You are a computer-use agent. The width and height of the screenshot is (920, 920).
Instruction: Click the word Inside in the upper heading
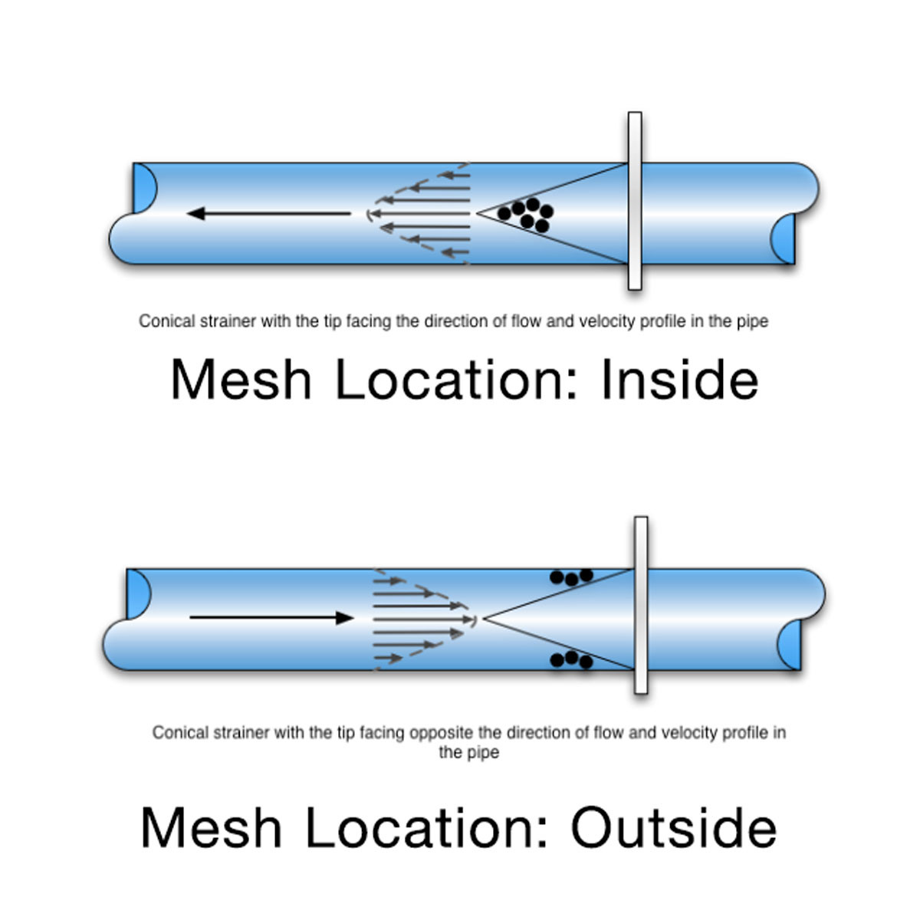tap(679, 379)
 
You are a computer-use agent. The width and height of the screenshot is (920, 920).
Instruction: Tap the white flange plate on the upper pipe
tap(635, 201)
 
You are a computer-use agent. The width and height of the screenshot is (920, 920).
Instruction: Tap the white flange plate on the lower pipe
tap(641, 605)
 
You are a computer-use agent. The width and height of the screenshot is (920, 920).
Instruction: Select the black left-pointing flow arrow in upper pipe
tap(268, 213)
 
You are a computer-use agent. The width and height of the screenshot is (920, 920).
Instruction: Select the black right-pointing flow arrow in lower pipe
tap(271, 618)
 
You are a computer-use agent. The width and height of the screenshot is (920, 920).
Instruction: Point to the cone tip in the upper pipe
tap(477, 213)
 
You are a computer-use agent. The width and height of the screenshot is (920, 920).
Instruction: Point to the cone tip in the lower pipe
tap(484, 618)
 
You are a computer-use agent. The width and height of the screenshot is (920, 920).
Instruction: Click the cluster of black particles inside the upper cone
tap(525, 215)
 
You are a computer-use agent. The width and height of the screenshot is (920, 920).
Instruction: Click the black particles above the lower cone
tap(571, 577)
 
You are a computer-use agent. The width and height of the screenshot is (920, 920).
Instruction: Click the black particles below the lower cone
tap(571, 660)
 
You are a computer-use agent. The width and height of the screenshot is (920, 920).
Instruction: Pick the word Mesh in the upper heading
tap(241, 379)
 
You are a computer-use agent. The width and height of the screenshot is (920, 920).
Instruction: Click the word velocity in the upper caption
tap(606, 321)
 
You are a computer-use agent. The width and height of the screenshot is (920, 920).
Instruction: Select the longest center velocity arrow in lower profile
tap(425, 619)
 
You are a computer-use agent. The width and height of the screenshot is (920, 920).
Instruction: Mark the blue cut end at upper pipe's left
tap(144, 188)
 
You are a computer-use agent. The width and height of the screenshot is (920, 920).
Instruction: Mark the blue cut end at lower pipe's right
tap(789, 645)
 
